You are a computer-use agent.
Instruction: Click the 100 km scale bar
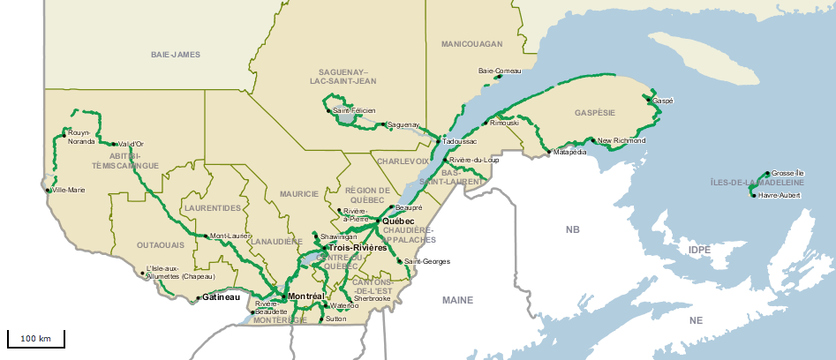pyautogui.click(x=35, y=339)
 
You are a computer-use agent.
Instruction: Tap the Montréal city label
pyautogui.click(x=307, y=296)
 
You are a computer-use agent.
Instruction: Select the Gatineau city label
pyautogui.click(x=221, y=297)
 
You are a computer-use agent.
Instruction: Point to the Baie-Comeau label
pyautogui.click(x=500, y=71)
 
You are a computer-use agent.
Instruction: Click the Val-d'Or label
pyautogui.click(x=131, y=144)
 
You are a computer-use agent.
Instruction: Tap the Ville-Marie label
pyautogui.click(x=69, y=190)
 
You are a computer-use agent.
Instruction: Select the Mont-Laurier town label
pyautogui.click(x=230, y=236)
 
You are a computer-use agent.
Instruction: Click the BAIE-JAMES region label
pyautogui.click(x=176, y=55)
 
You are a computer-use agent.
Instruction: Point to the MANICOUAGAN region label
pyautogui.click(x=471, y=43)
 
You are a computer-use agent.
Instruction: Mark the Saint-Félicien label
pyautogui.click(x=354, y=110)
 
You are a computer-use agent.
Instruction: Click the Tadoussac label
pyautogui.click(x=459, y=141)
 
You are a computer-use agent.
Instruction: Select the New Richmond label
pyautogui.click(x=621, y=140)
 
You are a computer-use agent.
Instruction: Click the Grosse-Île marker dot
pyautogui.click(x=767, y=173)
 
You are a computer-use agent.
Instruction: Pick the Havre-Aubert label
pyautogui.click(x=780, y=195)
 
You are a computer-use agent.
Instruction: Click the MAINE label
pyautogui.click(x=458, y=300)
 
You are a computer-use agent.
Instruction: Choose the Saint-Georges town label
pyautogui.click(x=427, y=262)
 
